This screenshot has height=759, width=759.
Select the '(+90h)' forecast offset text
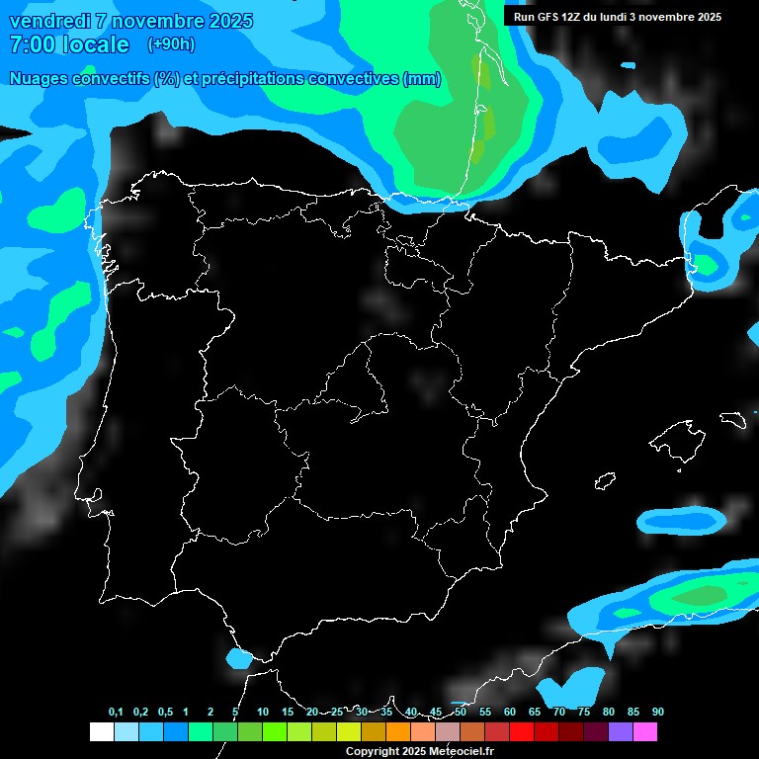pyautogui.click(x=171, y=44)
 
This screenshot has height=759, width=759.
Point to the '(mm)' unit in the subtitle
pyautogui.click(x=422, y=79)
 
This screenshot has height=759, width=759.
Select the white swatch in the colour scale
pyautogui.click(x=101, y=731)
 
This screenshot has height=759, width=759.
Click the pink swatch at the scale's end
pyautogui.click(x=645, y=731)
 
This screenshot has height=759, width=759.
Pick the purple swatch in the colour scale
pyautogui.click(x=621, y=731)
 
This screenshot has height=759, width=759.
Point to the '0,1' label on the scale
pyautogui.click(x=116, y=713)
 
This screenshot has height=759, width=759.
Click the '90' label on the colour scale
pyautogui.click(x=658, y=713)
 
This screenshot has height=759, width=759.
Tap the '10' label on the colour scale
pyautogui.click(x=263, y=713)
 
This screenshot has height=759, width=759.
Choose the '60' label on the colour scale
pyautogui.click(x=510, y=713)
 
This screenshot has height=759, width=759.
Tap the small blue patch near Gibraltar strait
pyautogui.click(x=238, y=657)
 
